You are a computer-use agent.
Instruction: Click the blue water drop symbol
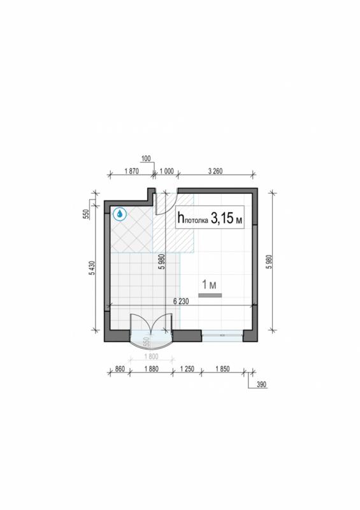120,214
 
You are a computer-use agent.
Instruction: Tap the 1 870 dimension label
131,171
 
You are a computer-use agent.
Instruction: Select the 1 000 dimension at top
166,171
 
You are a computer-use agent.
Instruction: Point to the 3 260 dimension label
215,171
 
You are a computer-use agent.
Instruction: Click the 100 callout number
146,159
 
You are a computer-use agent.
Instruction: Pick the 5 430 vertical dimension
92,268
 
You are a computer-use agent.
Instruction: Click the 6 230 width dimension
181,302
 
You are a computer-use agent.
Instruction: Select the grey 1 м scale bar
210,295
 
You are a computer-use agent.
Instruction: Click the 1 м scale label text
209,284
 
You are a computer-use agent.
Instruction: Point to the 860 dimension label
120,369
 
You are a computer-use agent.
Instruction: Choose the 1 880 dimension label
151,369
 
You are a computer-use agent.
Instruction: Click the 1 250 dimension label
187,369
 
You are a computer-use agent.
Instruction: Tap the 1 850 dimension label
222,369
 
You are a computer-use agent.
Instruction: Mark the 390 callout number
261,384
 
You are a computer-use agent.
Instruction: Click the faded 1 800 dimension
151,356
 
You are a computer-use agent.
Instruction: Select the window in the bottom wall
222,335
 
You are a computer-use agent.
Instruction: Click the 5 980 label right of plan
270,261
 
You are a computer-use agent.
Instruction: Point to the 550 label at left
87,215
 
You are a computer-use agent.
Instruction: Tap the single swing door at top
166,204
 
